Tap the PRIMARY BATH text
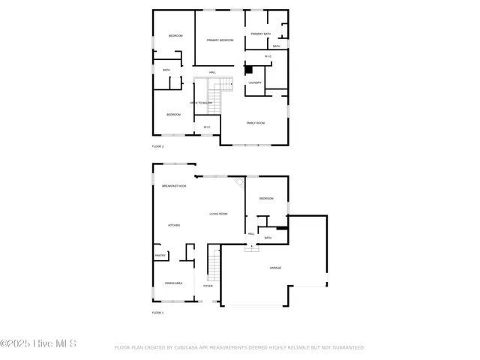click(261, 34)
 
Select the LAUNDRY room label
click(255, 82)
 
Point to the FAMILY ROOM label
click(256, 122)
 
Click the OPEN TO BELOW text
click(201, 103)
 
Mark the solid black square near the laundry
click(249, 70)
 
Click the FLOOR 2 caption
click(157, 146)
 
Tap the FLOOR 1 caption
click(157, 312)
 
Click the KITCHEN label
click(174, 225)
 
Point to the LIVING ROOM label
click(218, 214)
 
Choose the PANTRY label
click(160, 256)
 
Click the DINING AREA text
click(173, 283)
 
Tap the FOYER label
click(208, 286)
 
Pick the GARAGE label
click(275, 268)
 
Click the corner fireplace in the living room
click(239, 182)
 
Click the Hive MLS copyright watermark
click(38, 344)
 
